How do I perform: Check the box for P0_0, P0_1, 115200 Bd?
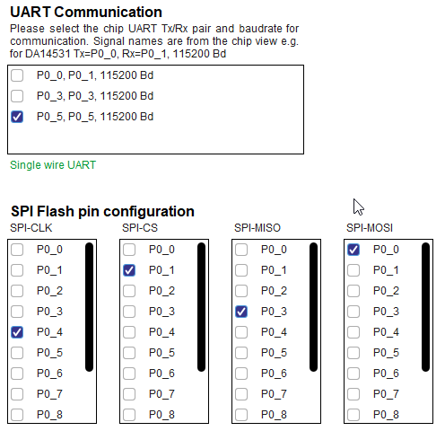pyautogui.click(x=17, y=75)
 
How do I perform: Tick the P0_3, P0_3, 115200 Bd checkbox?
pyautogui.click(x=17, y=96)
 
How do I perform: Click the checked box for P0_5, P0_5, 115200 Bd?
pyautogui.click(x=17, y=117)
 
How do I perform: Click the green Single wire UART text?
pyautogui.click(x=53, y=165)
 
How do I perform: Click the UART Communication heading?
pyautogui.click(x=86, y=13)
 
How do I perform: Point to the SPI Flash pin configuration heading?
pyautogui.click(x=102, y=211)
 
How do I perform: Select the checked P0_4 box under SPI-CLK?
pyautogui.click(x=17, y=332)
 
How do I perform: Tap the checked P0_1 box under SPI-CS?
pyautogui.click(x=129, y=270)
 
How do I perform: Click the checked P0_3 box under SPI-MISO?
pyautogui.click(x=241, y=312)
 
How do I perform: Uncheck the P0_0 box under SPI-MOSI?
pyautogui.click(x=353, y=250)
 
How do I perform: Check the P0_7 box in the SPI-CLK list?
pyautogui.click(x=17, y=394)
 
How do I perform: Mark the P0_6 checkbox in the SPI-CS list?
pyautogui.click(x=129, y=374)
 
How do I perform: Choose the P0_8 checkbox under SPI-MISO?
pyautogui.click(x=241, y=415)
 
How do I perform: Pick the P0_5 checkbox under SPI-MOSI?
pyautogui.click(x=353, y=353)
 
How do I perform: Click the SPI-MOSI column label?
pyautogui.click(x=370, y=228)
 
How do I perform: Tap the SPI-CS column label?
pyautogui.click(x=140, y=228)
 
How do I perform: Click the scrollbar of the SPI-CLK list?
pyautogui.click(x=89, y=307)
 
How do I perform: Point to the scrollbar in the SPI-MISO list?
pyautogui.click(x=313, y=307)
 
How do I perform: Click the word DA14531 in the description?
pyautogui.click(x=48, y=54)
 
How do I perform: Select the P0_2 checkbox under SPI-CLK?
pyautogui.click(x=17, y=291)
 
